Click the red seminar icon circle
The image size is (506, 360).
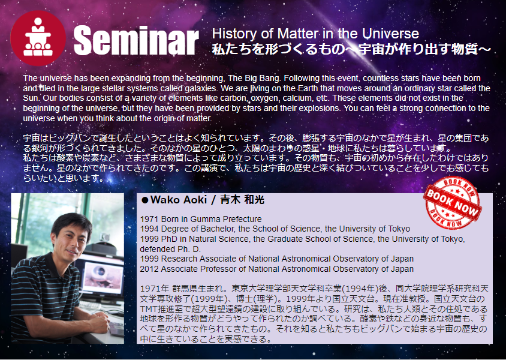point(38,38)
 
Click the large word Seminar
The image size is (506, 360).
point(136,41)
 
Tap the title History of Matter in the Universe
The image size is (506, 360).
point(315,34)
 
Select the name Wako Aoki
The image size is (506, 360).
point(179,200)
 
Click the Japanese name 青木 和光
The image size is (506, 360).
point(242,200)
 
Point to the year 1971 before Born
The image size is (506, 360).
point(149,219)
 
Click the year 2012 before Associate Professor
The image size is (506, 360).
point(149,269)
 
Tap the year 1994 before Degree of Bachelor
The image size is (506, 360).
point(149,229)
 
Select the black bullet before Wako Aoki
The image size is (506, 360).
point(145,200)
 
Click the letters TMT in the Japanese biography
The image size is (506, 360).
point(147,309)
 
